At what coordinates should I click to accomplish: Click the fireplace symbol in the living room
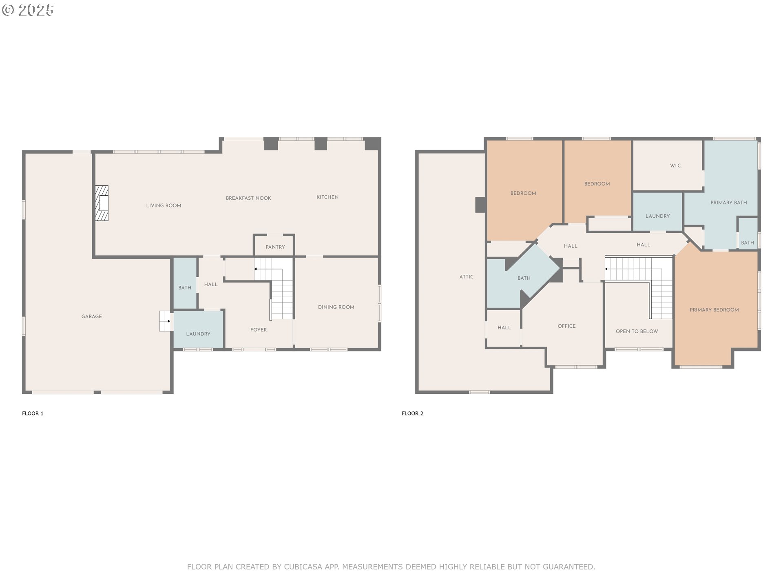pos(102,203)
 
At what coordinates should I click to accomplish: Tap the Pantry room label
pos(275,247)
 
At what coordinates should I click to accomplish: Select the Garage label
pos(91,316)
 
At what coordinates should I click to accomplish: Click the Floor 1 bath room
pos(185,287)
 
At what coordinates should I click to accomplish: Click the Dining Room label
pos(336,307)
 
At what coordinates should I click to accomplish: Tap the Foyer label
pos(259,330)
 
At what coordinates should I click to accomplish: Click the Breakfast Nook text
pos(248,198)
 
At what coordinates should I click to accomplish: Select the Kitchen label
pos(327,197)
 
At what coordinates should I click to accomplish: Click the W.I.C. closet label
pos(676,166)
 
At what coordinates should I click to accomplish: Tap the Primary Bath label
pos(728,203)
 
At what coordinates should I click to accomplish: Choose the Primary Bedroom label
pos(714,310)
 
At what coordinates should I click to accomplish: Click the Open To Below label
pos(637,331)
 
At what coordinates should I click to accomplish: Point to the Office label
pos(566,326)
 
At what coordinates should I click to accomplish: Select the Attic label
pos(466,277)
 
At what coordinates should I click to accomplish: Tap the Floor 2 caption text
pos(412,413)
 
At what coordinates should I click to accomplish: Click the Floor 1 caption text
pos(33,413)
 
